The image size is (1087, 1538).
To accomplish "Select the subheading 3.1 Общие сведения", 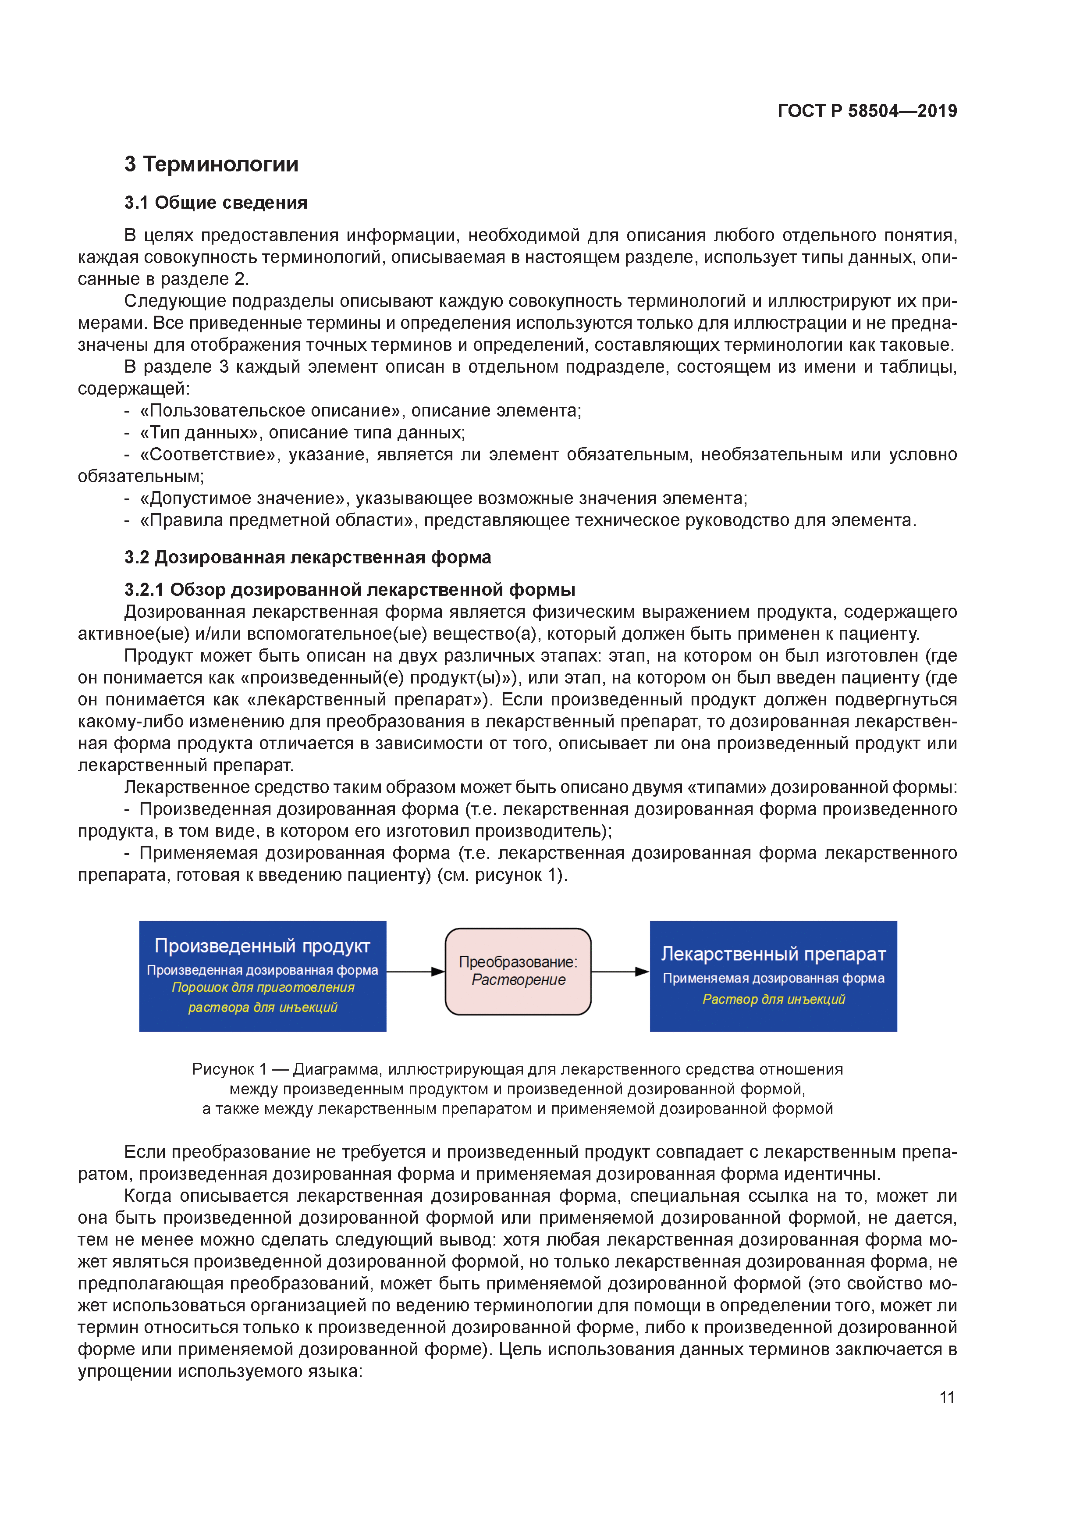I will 216,203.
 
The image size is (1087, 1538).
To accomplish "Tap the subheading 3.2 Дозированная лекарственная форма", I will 307,557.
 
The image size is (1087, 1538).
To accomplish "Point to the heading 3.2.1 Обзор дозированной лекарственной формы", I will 350,590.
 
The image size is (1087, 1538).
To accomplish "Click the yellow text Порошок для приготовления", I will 263,987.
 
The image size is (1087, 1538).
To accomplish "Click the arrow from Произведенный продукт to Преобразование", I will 415,971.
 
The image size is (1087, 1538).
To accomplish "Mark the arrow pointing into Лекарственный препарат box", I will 619,971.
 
